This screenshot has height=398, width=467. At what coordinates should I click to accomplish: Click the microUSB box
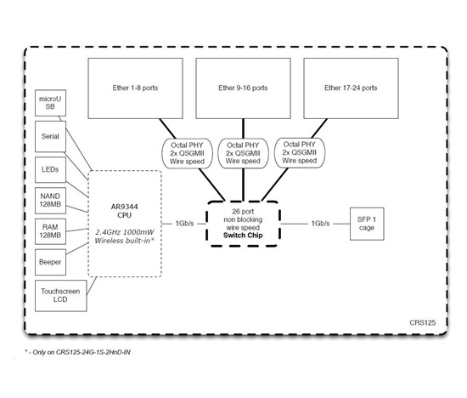pos(50,103)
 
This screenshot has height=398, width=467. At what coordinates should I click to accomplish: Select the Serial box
pos(50,136)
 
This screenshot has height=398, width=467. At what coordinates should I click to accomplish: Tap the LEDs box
pos(50,169)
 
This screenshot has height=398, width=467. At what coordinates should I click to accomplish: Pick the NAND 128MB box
pos(50,201)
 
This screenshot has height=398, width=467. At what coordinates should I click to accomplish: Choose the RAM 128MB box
pos(50,231)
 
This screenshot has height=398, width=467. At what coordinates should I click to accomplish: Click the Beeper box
pos(50,262)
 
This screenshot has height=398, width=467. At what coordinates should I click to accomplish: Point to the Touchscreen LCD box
pos(61,296)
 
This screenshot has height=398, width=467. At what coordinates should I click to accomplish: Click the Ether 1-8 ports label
pos(135,88)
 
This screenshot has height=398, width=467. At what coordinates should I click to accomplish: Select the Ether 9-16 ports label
pos(243,88)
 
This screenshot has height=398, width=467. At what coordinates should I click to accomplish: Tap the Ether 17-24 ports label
pos(351,88)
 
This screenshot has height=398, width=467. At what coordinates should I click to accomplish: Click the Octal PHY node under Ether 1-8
pos(187,153)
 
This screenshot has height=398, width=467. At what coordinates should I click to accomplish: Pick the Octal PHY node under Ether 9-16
pos(243,153)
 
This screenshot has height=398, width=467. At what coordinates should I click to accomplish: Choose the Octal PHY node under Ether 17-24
pos(300,152)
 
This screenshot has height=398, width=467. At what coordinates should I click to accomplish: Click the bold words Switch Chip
pos(243,236)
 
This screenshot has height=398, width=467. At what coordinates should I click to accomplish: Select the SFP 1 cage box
pos(367,224)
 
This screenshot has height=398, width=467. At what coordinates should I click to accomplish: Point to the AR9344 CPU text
pos(124,211)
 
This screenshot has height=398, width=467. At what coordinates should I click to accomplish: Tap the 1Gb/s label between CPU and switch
pos(184,224)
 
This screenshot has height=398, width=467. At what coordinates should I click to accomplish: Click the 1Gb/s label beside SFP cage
pos(320,224)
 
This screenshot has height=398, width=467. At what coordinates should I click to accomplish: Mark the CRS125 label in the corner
pos(423,323)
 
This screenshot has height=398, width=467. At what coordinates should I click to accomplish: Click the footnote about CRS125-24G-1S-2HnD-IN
pos(78,352)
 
